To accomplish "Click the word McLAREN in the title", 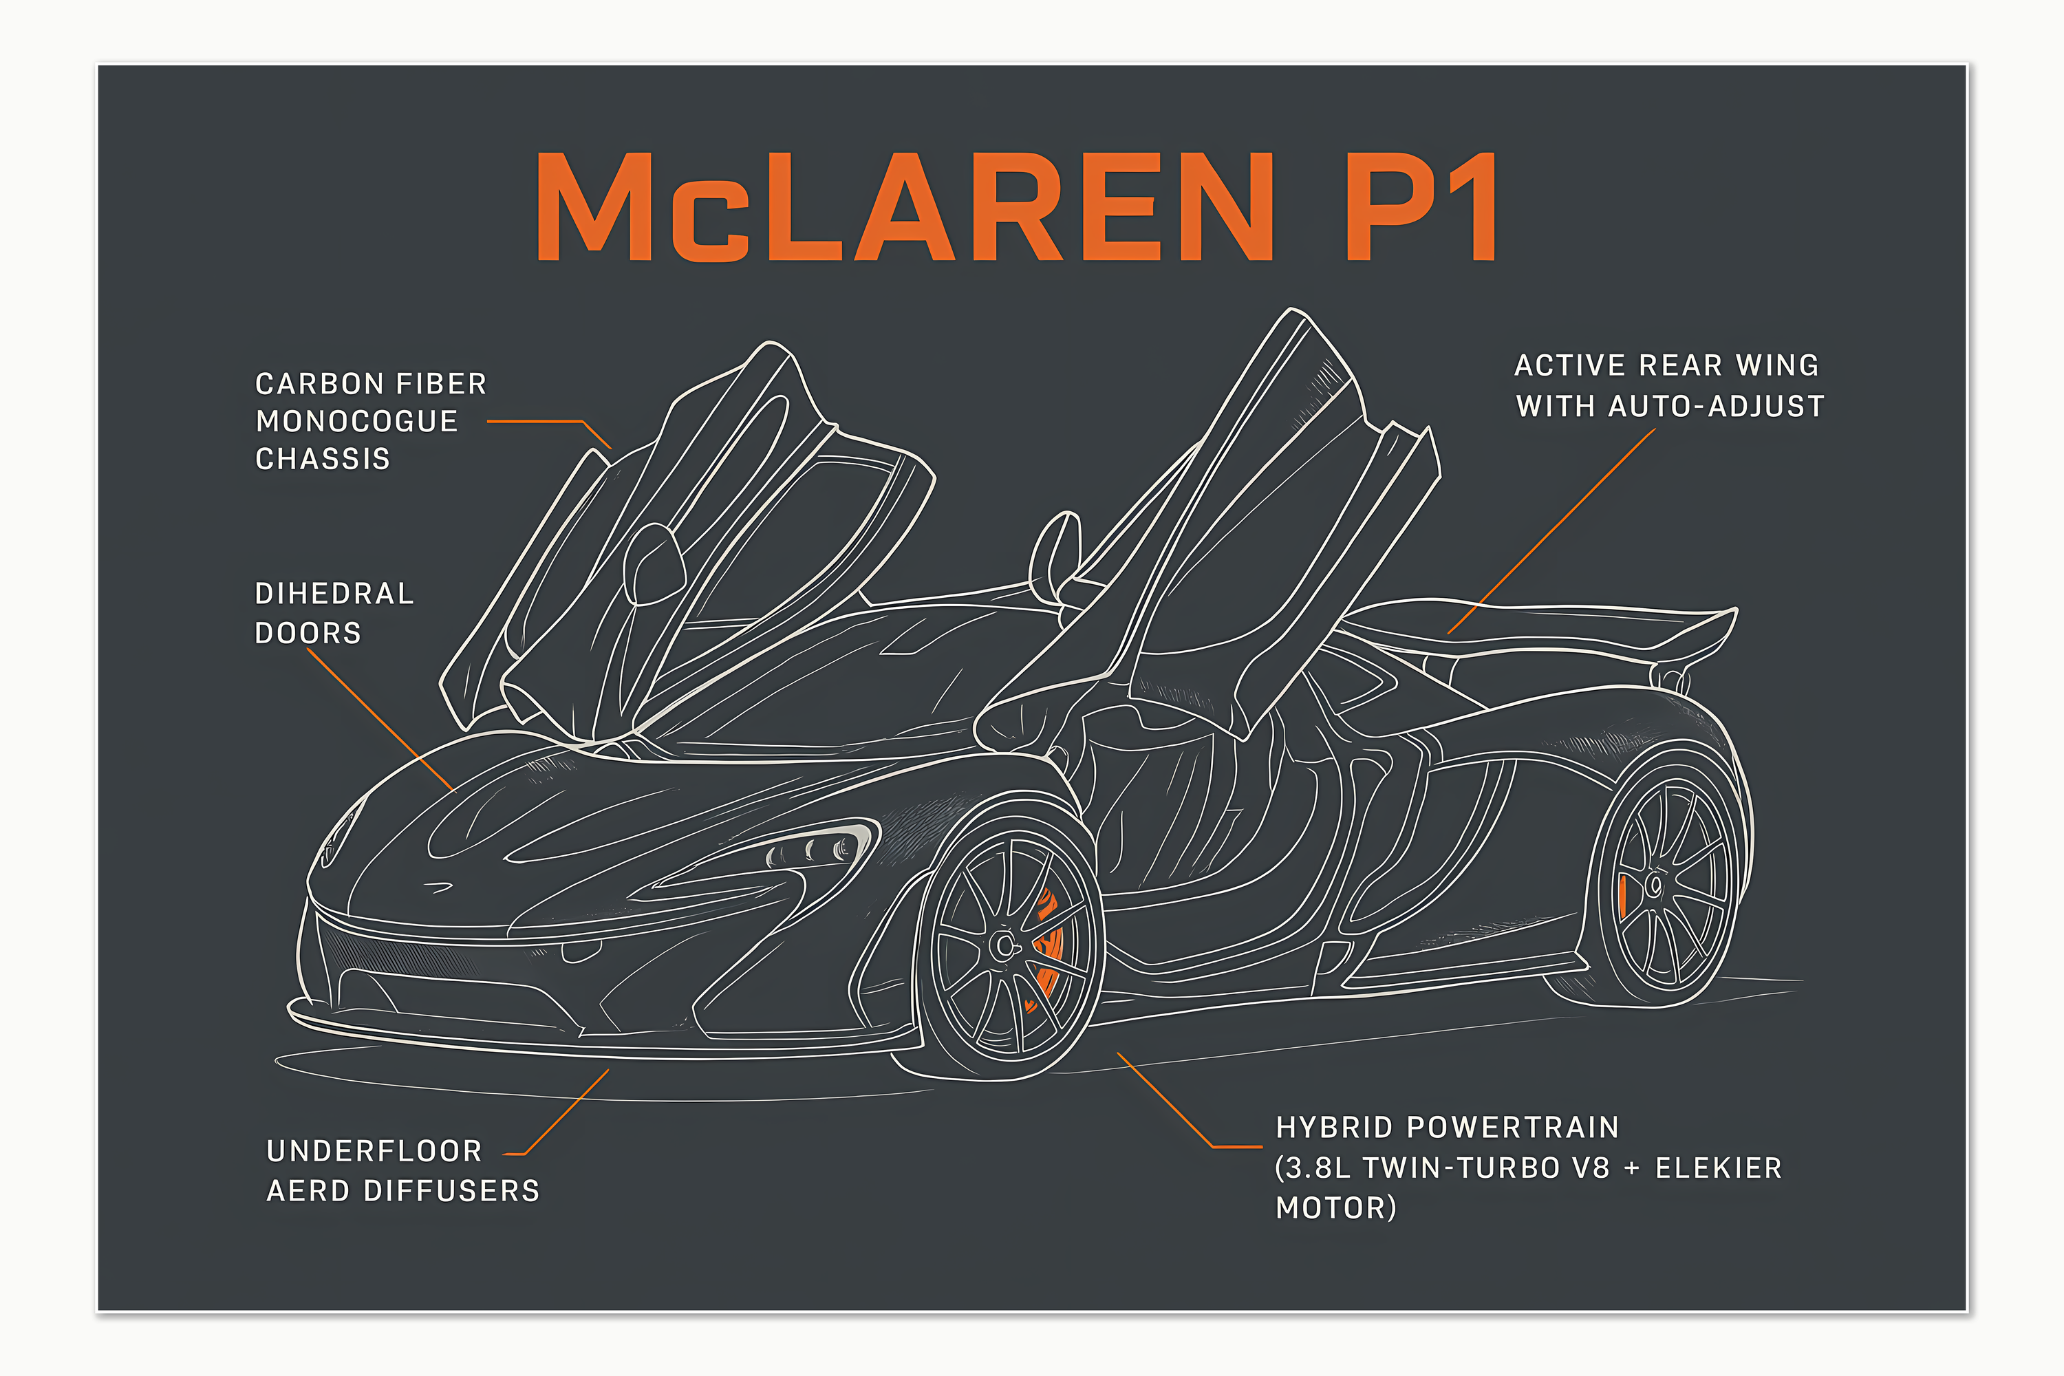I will pyautogui.click(x=904, y=207).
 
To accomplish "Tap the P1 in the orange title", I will pyautogui.click(x=1421, y=207).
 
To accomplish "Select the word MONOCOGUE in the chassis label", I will pyautogui.click(x=356, y=421).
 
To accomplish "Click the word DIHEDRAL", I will pyautogui.click(x=334, y=594).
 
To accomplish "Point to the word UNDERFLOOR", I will pyautogui.click(x=375, y=1150).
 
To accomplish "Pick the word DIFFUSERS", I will pyautogui.click(x=451, y=1191).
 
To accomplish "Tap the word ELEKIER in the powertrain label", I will pyautogui.click(x=1718, y=1168).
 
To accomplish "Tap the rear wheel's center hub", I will pyautogui.click(x=1655, y=885).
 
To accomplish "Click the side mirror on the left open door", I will pyautogui.click(x=654, y=564).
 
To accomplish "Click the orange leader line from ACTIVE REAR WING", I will pyautogui.click(x=1551, y=531).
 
